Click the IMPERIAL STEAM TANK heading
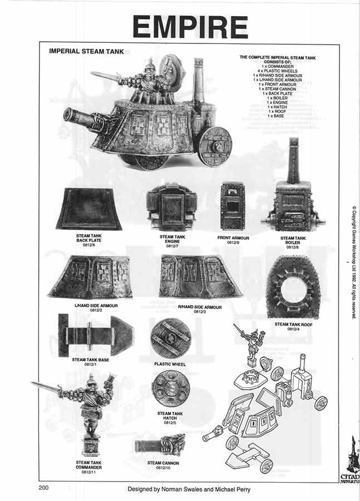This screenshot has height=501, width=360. pyautogui.click(x=86, y=51)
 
